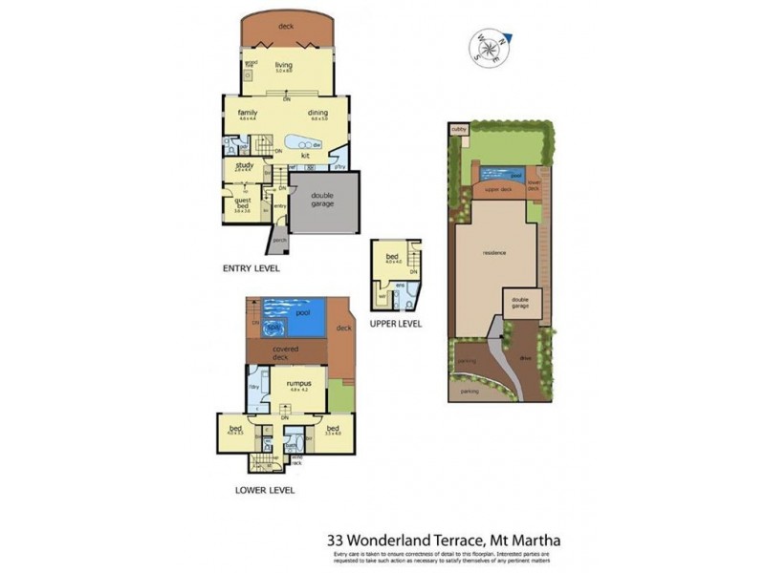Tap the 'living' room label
[283, 65]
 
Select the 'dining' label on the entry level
[318, 113]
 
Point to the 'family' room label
[248, 113]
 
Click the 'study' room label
[243, 166]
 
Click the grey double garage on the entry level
[323, 200]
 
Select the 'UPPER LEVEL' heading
[396, 324]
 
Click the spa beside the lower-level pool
[273, 329]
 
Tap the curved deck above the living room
[286, 29]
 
